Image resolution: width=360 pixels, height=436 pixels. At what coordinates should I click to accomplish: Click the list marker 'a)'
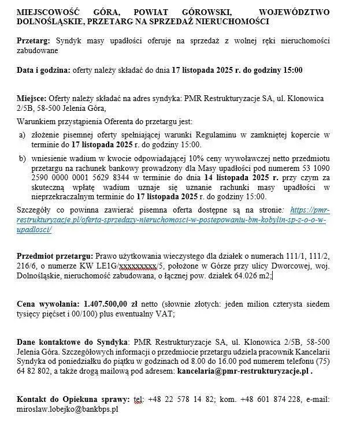22,135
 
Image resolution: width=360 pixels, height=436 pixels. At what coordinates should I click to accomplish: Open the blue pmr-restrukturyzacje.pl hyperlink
173,221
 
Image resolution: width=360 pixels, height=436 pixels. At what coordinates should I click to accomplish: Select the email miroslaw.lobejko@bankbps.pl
68,409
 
